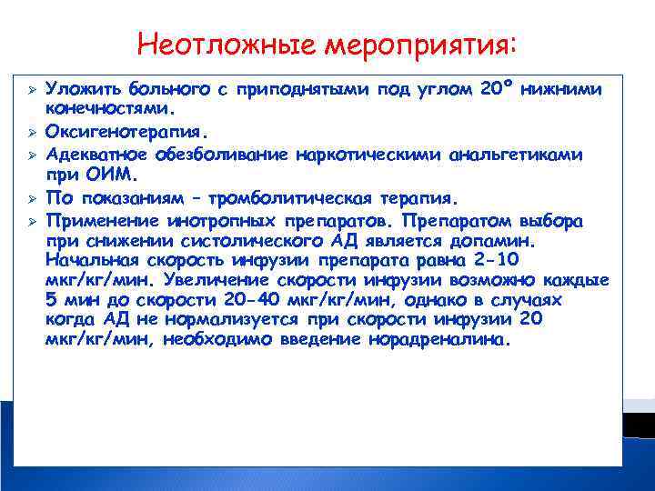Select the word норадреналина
pos(439,341)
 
